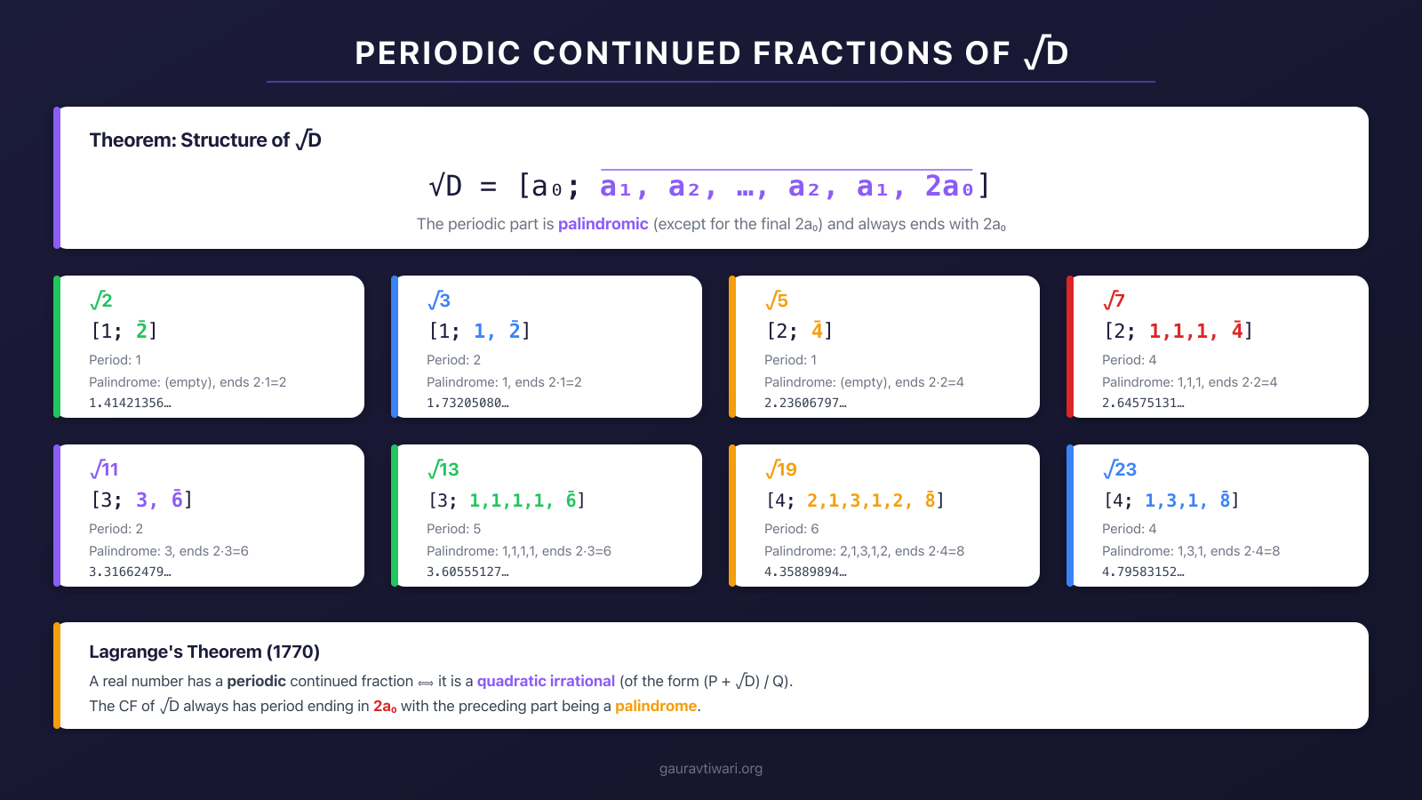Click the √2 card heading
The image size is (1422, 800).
(x=101, y=300)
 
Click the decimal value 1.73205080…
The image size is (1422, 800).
(x=467, y=403)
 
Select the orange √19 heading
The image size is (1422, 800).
(x=781, y=469)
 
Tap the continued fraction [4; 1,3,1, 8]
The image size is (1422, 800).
(x=1170, y=500)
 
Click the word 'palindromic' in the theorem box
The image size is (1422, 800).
(x=603, y=224)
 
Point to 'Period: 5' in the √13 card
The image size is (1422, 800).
(x=453, y=529)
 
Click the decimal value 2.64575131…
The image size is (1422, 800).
(x=1143, y=403)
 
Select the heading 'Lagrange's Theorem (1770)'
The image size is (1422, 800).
(x=204, y=652)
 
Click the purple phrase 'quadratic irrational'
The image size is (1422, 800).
(x=546, y=681)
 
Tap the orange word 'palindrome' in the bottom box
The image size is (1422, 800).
(x=656, y=706)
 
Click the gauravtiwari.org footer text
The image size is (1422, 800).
(x=711, y=769)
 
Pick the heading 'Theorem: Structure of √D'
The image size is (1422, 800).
(x=205, y=140)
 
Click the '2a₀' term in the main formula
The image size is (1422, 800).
(x=949, y=187)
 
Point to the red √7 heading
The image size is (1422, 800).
(x=1114, y=300)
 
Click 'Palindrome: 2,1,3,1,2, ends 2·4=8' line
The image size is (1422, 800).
(x=864, y=551)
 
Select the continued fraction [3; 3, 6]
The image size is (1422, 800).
(x=141, y=500)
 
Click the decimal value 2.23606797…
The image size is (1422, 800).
(x=805, y=403)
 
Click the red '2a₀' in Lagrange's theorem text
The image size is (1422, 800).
(x=385, y=706)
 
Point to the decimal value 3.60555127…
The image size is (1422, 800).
(x=467, y=572)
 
